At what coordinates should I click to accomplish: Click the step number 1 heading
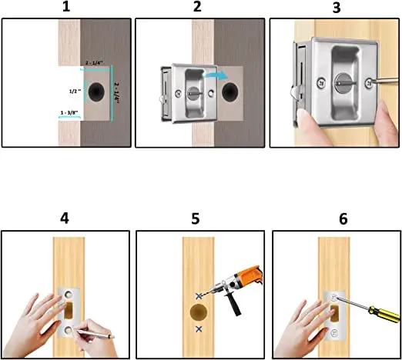[66, 6]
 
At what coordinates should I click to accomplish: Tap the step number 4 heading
[65, 218]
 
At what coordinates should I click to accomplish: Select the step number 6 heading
[343, 219]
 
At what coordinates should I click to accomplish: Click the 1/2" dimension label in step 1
[75, 91]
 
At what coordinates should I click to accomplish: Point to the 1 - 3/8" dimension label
[69, 112]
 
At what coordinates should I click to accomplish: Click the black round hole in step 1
[96, 92]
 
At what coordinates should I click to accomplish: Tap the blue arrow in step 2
[215, 76]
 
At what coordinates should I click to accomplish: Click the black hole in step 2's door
[230, 92]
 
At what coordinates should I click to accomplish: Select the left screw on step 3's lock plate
[321, 83]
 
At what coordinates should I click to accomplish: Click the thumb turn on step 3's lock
[345, 82]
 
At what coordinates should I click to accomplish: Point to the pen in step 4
[94, 333]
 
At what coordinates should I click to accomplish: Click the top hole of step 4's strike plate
[69, 294]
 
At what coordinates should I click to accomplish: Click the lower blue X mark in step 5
[199, 329]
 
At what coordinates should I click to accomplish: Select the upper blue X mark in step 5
[199, 296]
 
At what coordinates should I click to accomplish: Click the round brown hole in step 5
[199, 312]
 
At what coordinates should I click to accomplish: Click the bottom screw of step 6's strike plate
[334, 332]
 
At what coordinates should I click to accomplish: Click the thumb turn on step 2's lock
[195, 93]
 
